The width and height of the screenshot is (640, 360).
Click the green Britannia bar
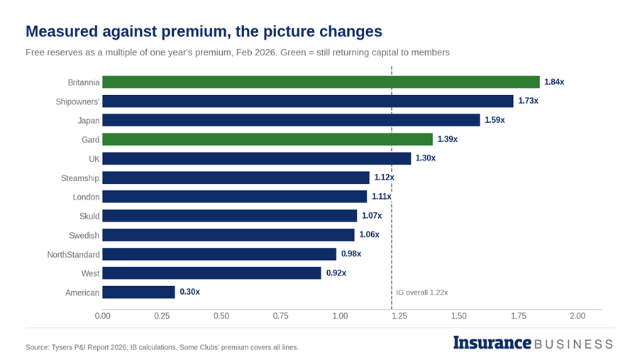coord(321,82)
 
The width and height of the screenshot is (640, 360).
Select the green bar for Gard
coord(267,139)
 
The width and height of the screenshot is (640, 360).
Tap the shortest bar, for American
coord(138,292)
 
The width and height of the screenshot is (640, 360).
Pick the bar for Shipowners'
coord(308,102)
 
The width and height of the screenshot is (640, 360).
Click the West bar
coord(211,273)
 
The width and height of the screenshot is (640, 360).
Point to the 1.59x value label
coord(495,120)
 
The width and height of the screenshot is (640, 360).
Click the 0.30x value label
coord(189,292)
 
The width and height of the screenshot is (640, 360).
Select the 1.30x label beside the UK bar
coord(425,158)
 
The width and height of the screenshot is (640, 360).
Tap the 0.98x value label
coord(351,253)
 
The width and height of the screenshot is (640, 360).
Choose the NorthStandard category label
coord(74,255)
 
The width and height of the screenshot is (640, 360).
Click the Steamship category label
coord(80,178)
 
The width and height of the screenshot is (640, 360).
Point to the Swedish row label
coord(84,235)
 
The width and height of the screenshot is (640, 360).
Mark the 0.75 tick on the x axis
coord(280,316)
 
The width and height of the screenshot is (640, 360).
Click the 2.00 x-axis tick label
coord(578,316)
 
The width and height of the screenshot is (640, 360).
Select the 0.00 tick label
coord(102,316)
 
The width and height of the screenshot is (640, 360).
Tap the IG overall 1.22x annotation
coord(421,293)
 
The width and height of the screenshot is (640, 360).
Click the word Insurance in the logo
coord(492,342)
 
